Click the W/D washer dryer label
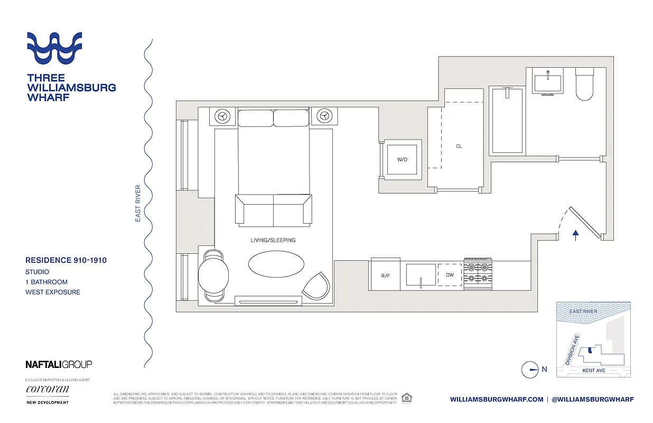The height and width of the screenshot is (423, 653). point(402,159)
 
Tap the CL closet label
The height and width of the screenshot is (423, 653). point(459,146)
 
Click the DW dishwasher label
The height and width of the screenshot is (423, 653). point(450,275)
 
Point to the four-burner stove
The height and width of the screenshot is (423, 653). point(478,274)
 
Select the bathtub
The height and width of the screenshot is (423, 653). point(507,121)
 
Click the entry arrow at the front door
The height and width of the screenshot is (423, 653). point(576,235)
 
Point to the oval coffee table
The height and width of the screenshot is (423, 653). point(276,263)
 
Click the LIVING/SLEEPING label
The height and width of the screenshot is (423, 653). point(273,240)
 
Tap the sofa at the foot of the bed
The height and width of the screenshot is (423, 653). point(273,209)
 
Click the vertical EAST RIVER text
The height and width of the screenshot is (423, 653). point(138,203)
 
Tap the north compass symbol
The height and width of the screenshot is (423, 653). point(529,370)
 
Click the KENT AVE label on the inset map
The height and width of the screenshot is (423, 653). point(593,371)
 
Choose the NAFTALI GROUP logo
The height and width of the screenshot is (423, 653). point(59,364)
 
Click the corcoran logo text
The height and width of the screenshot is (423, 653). point(47,390)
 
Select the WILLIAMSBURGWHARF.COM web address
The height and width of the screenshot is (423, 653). point(497,399)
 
